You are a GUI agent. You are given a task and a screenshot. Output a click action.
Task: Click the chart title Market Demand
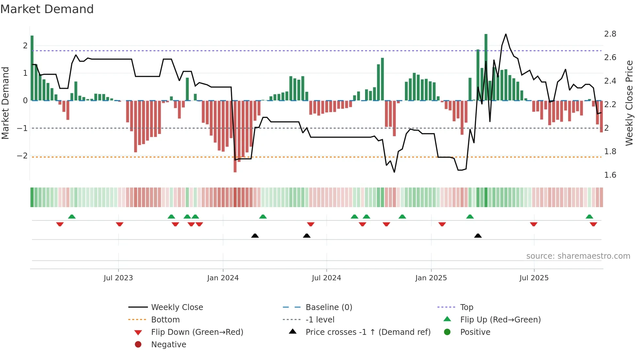pos(47,9)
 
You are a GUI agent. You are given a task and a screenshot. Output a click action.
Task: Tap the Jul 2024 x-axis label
pos(326,278)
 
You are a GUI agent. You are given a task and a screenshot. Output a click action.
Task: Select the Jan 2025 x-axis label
pos(431,278)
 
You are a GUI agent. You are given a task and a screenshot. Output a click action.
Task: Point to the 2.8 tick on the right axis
pos(610,34)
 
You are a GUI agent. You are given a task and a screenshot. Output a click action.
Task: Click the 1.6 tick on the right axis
pos(610,175)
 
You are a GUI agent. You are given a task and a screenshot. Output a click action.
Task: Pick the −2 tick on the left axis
pos(22,156)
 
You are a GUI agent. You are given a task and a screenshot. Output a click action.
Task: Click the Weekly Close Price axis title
pos(629,103)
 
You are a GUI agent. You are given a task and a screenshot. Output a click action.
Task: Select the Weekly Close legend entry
pos(177,307)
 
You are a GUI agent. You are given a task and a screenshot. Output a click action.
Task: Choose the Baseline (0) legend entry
pos(328,307)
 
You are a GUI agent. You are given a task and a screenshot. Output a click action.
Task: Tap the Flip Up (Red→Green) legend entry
pos(500,320)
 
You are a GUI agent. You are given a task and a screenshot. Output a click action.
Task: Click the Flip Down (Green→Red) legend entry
pos(197,332)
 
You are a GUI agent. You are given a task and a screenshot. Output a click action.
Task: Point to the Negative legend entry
pos(168,345)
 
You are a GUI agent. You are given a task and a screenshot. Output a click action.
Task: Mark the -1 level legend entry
pos(320,320)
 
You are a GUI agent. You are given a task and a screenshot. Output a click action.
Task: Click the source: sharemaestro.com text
pos(578,256)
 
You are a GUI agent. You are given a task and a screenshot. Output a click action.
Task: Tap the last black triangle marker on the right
pos(478,236)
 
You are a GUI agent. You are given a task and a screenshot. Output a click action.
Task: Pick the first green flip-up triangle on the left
pos(72,217)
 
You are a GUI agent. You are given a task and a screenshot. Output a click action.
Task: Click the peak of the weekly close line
pos(506,34)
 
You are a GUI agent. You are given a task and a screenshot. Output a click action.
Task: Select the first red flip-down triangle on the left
pos(60,224)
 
